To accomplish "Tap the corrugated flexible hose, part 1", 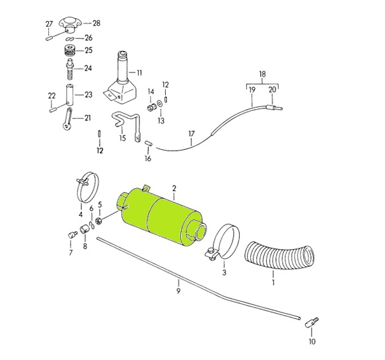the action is tap(279, 256).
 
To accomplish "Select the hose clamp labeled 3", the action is tap(223, 242).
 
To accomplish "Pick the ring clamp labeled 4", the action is tap(87, 188).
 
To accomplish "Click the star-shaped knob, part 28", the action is tap(69, 24).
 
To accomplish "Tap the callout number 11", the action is tap(139, 73).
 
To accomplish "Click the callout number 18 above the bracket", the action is tap(262, 74).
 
